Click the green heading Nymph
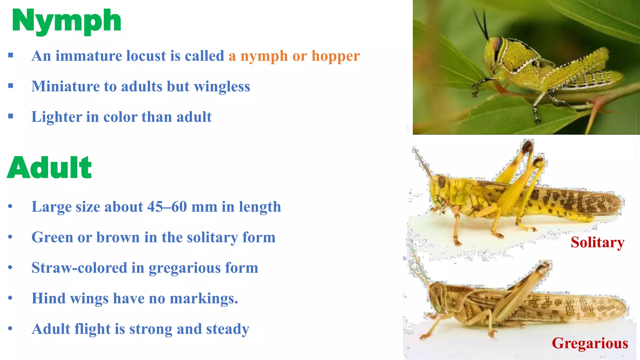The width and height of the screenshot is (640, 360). coord(66,21)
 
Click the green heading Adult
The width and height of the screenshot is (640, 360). coord(49,168)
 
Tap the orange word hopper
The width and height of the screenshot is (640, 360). coord(336,56)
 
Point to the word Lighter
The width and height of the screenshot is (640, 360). coord(56,117)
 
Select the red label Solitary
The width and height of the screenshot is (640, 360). coord(597,242)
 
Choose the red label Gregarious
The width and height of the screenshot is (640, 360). coord(590,343)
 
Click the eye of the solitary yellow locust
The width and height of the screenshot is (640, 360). coord(441,181)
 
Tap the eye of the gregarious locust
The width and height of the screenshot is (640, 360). coord(437,289)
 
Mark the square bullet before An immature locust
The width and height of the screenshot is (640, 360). coord(11,56)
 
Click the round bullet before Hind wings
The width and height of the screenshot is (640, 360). coord(10,298)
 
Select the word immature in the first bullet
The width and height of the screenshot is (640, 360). coord(89,56)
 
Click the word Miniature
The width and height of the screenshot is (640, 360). coord(65,87)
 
